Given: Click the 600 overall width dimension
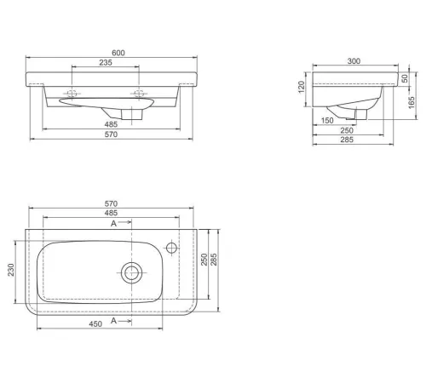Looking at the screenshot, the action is click(118, 53).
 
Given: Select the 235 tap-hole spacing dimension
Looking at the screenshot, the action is click(106, 62).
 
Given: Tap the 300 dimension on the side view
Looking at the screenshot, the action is click(354, 61).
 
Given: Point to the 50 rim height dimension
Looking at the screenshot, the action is click(405, 78).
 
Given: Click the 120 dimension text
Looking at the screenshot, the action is click(302, 87).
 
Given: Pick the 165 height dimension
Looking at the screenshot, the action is click(412, 102).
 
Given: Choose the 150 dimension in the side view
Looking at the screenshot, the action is click(327, 121).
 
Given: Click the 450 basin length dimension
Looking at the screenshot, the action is click(95, 324).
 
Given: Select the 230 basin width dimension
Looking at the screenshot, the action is click(11, 270).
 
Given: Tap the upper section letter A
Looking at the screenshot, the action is click(113, 224).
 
